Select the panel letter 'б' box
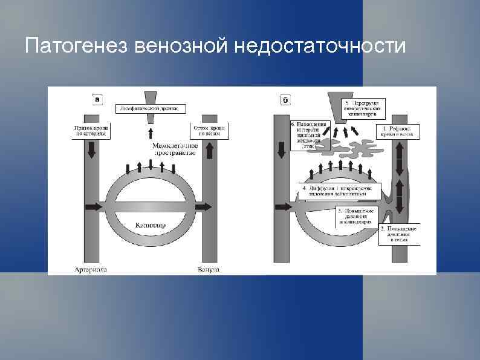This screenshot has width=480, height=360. (285, 98)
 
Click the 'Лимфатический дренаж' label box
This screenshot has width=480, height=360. (150, 108)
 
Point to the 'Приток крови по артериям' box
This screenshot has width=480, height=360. (91, 131)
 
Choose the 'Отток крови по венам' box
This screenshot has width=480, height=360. (209, 131)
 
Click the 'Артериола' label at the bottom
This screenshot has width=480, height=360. (90, 269)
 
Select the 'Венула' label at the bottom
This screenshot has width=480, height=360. (209, 269)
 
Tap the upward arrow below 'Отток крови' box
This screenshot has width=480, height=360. (208, 151)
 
